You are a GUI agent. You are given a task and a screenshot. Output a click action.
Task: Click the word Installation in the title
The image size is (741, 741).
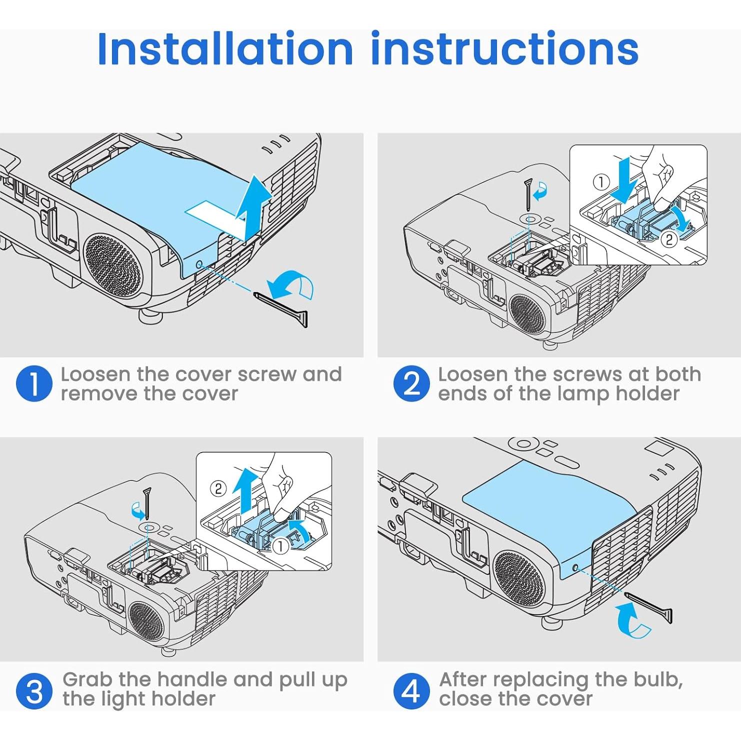[225, 48]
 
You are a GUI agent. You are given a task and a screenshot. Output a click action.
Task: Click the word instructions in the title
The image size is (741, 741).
[504, 48]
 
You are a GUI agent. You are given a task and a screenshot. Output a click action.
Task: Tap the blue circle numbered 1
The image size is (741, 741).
[34, 383]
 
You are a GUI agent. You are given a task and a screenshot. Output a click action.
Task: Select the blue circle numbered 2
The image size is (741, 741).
[411, 383]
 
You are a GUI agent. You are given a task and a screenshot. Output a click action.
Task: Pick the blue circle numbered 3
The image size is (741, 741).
[34, 691]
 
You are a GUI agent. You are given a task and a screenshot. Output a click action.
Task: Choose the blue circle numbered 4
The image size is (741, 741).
[411, 691]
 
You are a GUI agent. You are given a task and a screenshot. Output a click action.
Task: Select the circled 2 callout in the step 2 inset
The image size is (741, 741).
[669, 239]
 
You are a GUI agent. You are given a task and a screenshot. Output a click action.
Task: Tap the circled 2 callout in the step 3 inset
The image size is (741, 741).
[218, 488]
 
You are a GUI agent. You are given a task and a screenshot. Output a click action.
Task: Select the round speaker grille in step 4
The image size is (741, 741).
[518, 579]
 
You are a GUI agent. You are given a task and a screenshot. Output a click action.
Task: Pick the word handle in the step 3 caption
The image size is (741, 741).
[193, 679]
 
